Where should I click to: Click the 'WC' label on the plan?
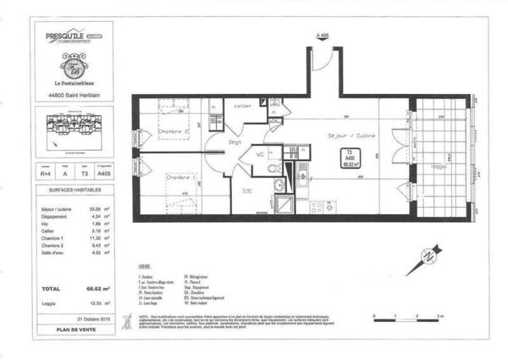click(x=261, y=154)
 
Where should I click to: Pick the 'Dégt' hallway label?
click(x=235, y=142)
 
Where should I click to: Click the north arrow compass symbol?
click(x=424, y=259)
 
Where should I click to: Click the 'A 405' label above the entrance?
click(x=321, y=36)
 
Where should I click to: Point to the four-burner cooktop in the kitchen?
click(x=322, y=205)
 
